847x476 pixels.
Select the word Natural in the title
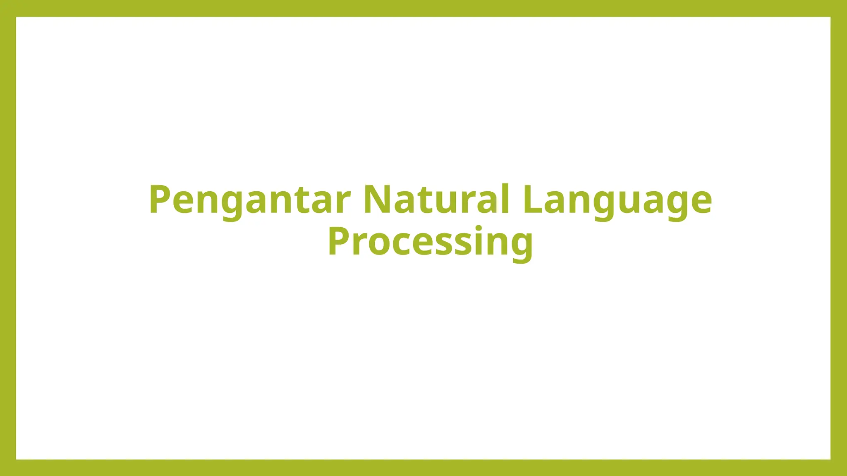[x=436, y=199]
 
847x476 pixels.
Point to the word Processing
[x=430, y=242]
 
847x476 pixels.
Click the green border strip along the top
[x=423, y=8]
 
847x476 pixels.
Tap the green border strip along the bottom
[x=423, y=468]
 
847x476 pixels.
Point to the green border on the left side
[x=8, y=238]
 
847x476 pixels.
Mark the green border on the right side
[x=839, y=238]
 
